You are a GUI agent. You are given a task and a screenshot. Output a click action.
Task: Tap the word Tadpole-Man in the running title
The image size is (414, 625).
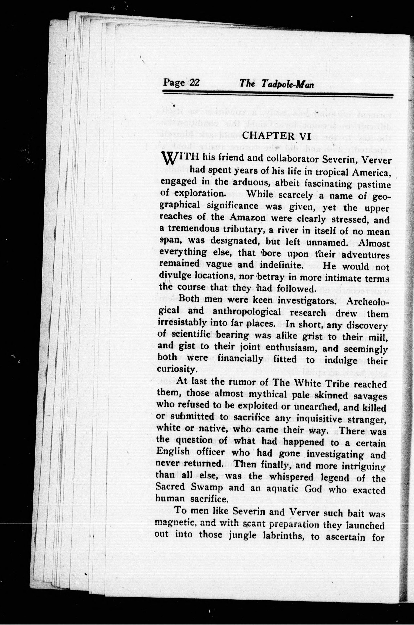(288, 84)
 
